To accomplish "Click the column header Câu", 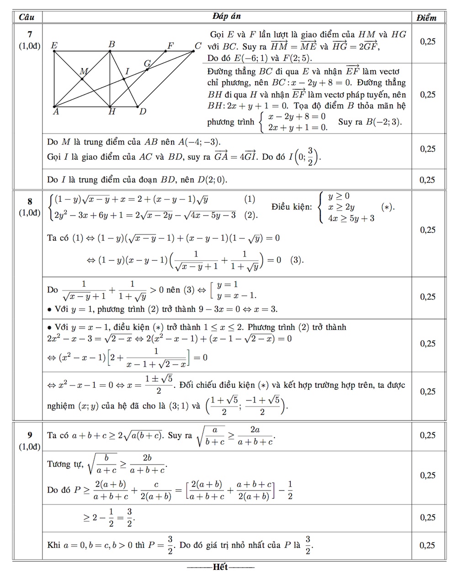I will tap(27, 17).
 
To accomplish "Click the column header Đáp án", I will tap(227, 16).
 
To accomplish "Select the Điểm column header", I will tap(426, 17).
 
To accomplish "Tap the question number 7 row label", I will tap(30, 34).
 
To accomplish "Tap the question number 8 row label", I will tap(30, 201).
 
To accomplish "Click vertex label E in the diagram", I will tap(54, 45).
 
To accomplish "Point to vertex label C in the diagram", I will tap(197, 45).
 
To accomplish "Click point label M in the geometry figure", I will tap(84, 71).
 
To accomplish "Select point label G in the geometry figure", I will tap(147, 63).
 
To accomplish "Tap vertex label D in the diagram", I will tap(143, 112).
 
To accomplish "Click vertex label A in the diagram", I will tap(56, 112).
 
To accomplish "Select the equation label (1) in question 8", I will tap(250, 199).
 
